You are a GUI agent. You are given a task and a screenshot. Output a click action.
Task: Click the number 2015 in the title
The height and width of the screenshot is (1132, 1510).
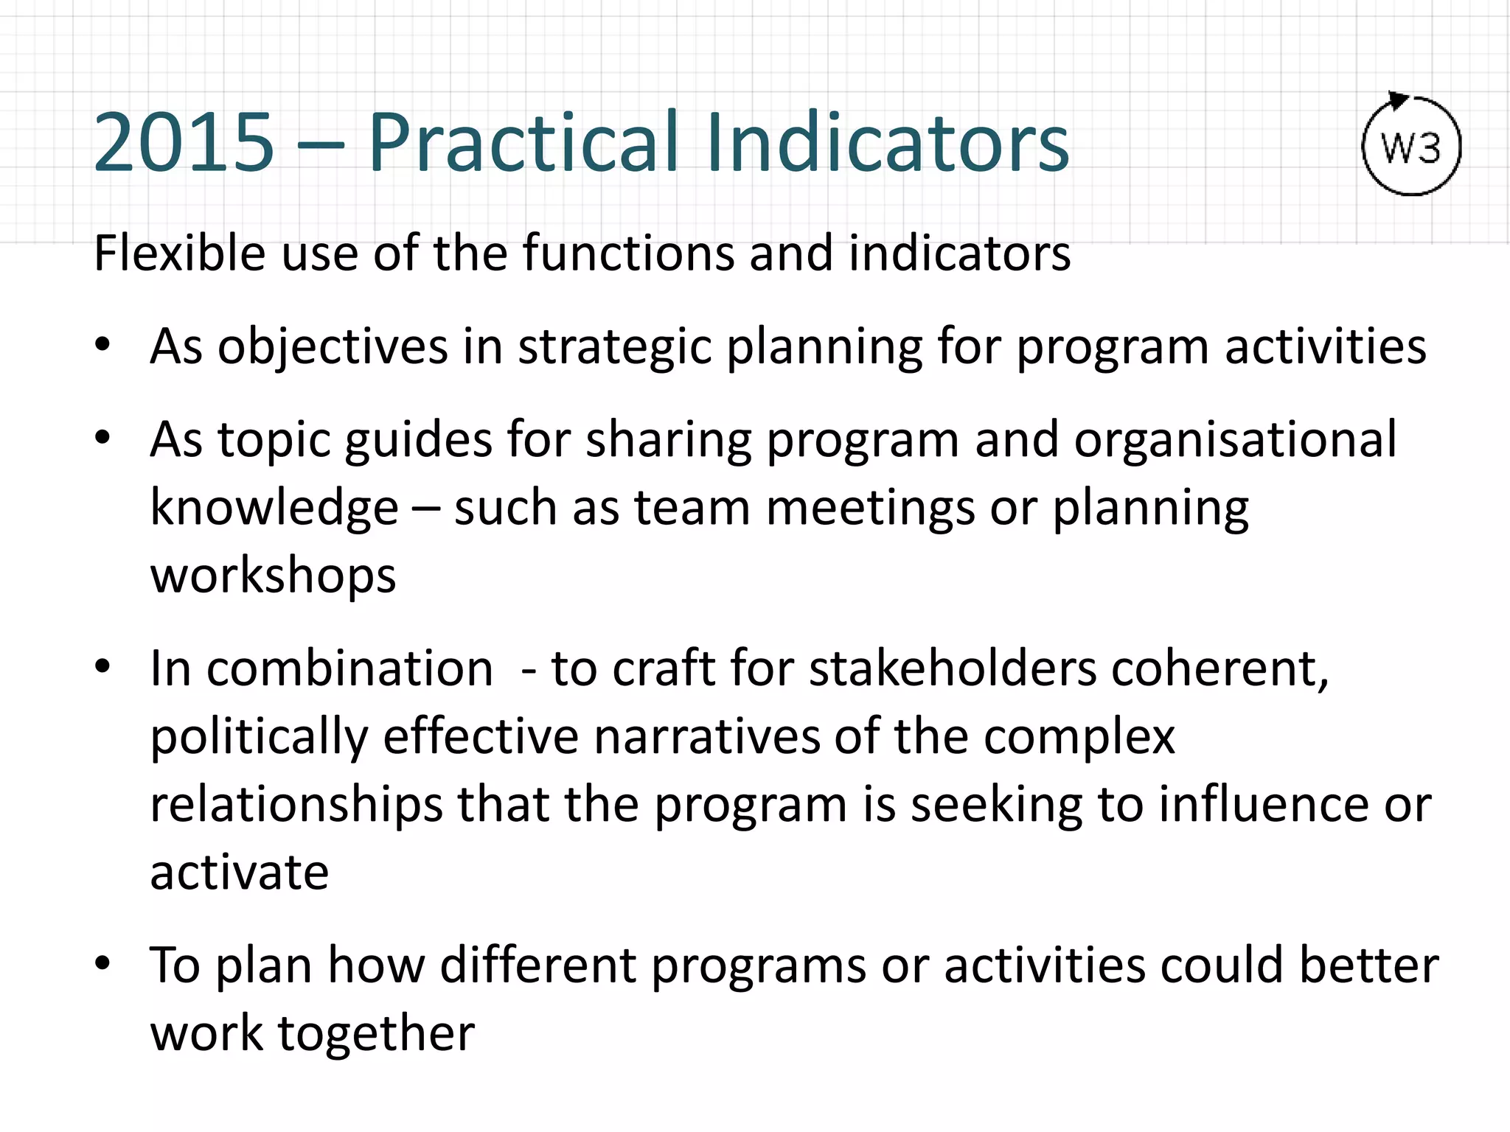point(184,142)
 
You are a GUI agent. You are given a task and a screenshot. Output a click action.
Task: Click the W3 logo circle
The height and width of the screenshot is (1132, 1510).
point(1410,147)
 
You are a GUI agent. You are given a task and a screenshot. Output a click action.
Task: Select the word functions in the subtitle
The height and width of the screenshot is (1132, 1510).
point(627,253)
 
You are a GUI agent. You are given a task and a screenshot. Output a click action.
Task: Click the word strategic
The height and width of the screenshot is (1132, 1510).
point(613,346)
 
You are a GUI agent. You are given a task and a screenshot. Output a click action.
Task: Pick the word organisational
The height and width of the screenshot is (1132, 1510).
point(1235,439)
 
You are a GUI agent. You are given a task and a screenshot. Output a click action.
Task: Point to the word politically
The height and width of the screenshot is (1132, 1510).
point(259,736)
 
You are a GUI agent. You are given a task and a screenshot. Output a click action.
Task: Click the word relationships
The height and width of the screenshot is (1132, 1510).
point(296,804)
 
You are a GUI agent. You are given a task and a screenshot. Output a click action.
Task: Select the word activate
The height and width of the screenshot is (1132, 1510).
point(239,872)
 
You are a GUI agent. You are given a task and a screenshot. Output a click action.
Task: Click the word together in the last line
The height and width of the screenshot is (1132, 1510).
point(375,1033)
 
